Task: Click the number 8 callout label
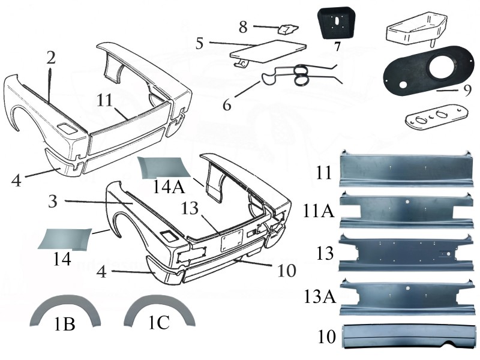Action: click(x=243, y=27)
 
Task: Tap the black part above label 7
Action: click(x=336, y=23)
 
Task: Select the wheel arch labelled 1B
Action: click(x=65, y=310)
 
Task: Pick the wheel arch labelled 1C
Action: click(x=159, y=310)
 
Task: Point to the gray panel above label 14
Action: click(x=65, y=238)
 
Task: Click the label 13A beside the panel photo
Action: click(x=320, y=296)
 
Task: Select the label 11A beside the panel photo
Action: click(x=319, y=211)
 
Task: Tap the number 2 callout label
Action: click(x=51, y=58)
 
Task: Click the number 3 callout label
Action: click(x=53, y=202)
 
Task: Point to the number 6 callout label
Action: click(x=227, y=105)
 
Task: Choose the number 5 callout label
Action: click(x=200, y=43)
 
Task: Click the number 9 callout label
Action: click(x=467, y=91)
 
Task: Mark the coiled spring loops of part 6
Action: click(x=302, y=76)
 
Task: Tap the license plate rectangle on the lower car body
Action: click(x=232, y=241)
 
